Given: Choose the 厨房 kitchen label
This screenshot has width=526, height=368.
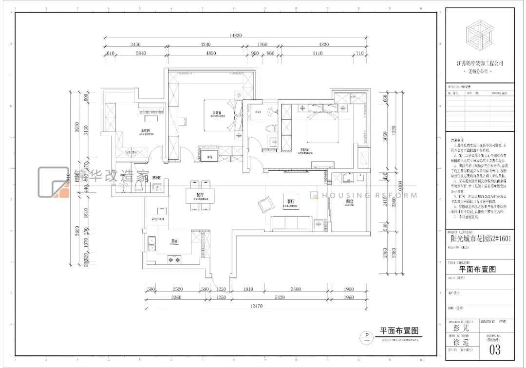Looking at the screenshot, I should (175, 240).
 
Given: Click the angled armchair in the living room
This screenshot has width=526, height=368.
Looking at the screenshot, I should (266, 203).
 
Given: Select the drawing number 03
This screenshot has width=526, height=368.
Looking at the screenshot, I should (495, 350).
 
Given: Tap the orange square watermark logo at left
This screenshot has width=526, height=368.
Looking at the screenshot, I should (55, 183).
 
